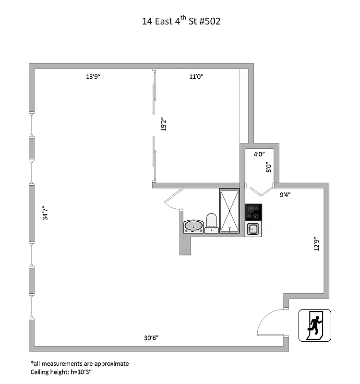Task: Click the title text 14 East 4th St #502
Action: [181, 22]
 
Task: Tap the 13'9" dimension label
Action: [93, 76]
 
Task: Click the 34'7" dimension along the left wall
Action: [45, 213]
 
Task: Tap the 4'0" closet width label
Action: [259, 154]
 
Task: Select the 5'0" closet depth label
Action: [269, 168]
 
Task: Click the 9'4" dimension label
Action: [285, 194]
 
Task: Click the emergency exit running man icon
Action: [315, 325]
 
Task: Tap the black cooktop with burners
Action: [253, 212]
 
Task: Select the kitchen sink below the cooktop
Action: [253, 229]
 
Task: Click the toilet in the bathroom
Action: [212, 223]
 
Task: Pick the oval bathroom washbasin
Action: [193, 226]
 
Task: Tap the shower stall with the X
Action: [230, 211]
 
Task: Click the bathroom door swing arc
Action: [171, 199]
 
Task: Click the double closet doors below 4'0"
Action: [259, 191]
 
